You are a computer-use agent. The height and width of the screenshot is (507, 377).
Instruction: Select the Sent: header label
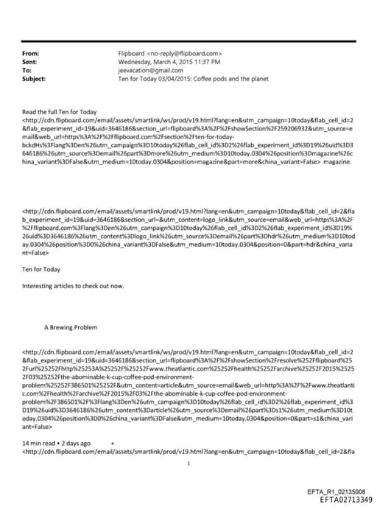31,62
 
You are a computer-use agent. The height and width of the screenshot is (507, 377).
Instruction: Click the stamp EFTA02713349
342,497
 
